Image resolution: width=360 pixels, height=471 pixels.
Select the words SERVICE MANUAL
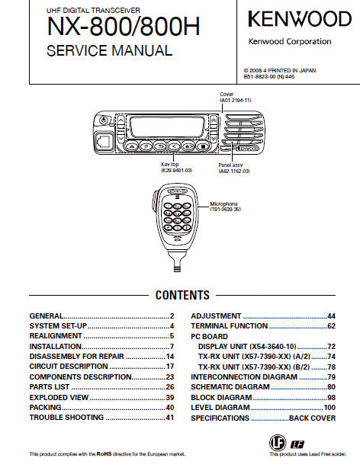coord(109,52)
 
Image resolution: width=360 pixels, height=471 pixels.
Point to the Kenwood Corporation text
coord(290,41)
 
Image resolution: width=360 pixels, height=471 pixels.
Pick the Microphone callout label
coord(227,204)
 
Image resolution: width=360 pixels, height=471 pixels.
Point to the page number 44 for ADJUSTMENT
coord(331,316)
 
